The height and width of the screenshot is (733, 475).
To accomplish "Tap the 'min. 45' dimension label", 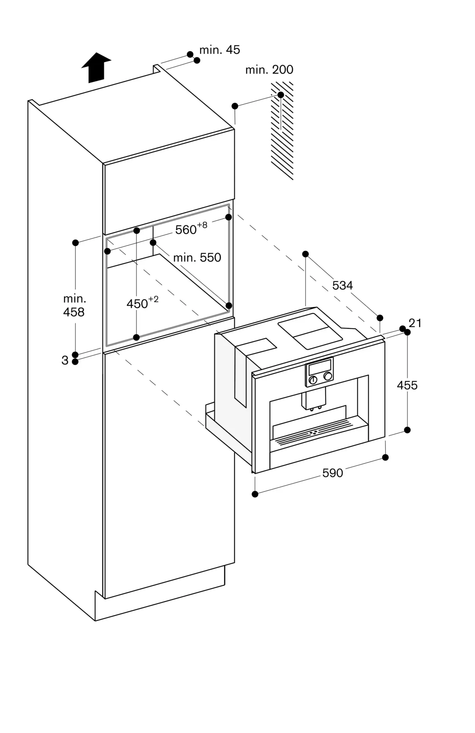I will pos(220,50).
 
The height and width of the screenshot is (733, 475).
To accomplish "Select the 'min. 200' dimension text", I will pos(269,70).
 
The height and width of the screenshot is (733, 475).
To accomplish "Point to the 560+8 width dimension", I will pos(191,229).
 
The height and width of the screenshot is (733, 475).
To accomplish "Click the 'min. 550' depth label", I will pos(197,258).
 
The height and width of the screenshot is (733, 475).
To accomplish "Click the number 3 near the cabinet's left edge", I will pos(65,361).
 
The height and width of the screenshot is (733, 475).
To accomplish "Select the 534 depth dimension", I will pos(342,285).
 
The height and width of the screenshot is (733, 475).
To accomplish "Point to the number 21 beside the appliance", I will pos(415,323).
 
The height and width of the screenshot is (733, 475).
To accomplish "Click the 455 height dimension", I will pos(407,385).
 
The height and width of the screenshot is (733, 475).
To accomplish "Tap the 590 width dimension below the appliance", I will pos(332,473).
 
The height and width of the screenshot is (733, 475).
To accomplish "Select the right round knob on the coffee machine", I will pos(328,376).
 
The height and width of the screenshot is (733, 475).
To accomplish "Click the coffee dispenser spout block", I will pos(314,398).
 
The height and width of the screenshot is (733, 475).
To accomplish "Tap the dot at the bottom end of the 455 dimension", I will pos(407,430).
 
